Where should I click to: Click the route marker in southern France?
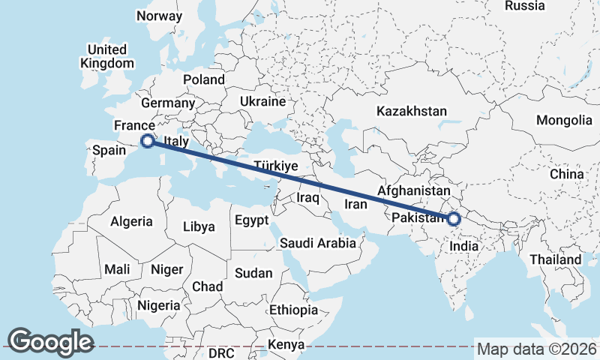coord(148,140)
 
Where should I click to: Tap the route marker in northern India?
coord(453,219)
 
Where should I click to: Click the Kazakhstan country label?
coord(412,111)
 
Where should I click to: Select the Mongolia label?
coord(564,120)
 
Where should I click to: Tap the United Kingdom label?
coord(106,57)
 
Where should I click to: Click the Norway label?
coord(160,16)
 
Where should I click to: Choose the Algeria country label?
coord(131,221)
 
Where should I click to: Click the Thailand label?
coord(556,259)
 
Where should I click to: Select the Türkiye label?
coord(277,166)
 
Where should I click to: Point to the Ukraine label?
coord(262,101)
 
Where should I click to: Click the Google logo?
coord(51,342)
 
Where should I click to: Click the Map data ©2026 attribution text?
coord(536,349)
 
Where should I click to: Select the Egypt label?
coord(251,221)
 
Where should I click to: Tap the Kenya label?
coord(286,344)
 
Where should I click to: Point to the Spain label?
coord(108,151)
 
